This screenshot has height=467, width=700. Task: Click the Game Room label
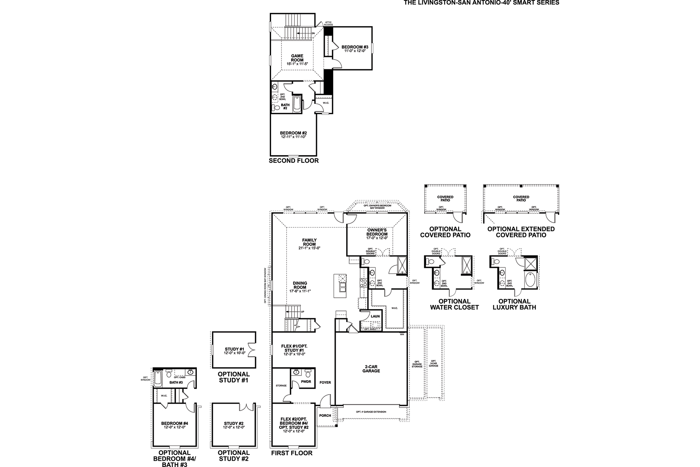pyautogui.click(x=297, y=58)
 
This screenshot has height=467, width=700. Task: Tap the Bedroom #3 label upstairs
pyautogui.click(x=355, y=47)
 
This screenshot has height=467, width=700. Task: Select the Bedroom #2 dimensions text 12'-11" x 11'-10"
pyautogui.click(x=293, y=137)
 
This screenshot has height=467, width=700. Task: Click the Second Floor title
pyautogui.click(x=294, y=161)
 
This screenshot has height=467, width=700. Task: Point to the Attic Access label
pyautogui.click(x=328, y=24)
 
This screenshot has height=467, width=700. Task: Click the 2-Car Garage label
pyautogui.click(x=373, y=369)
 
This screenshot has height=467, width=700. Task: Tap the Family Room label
pyautogui.click(x=310, y=242)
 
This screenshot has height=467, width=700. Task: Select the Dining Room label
pyautogui.click(x=300, y=285)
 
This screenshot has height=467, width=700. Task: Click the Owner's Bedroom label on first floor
pyautogui.click(x=377, y=232)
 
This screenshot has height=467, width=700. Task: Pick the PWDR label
pyautogui.click(x=306, y=382)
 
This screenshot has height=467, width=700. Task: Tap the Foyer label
pyautogui.click(x=325, y=383)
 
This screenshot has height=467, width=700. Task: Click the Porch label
pyautogui.click(x=325, y=416)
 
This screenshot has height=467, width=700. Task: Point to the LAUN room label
pyautogui.click(x=375, y=316)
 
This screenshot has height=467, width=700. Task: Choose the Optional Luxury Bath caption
pyautogui.click(x=514, y=304)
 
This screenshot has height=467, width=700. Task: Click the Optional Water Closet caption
pyautogui.click(x=454, y=304)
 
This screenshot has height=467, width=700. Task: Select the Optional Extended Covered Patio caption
pyautogui.click(x=521, y=232)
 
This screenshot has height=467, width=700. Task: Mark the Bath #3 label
pyautogui.click(x=176, y=383)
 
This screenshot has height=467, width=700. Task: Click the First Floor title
pyautogui.click(x=292, y=453)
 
